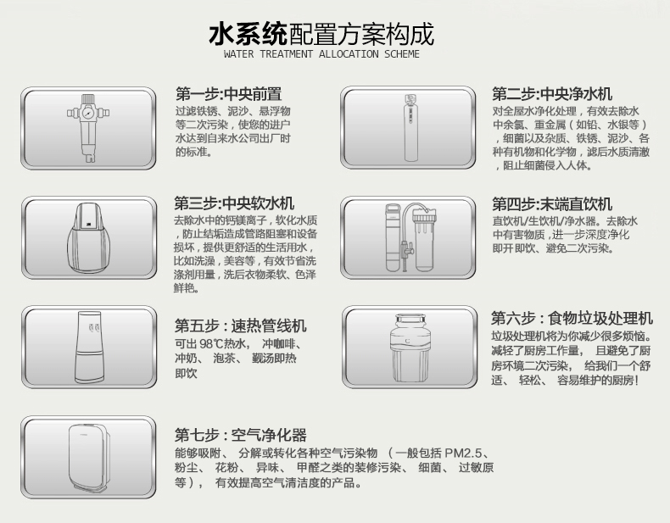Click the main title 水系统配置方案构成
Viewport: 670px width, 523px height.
[x=321, y=34]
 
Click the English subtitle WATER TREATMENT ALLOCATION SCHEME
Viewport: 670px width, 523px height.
[x=321, y=54]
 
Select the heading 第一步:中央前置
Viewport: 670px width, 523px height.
[x=229, y=93]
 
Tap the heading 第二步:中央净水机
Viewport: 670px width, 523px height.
[x=552, y=93]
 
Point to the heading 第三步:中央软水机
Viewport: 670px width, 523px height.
[x=234, y=203]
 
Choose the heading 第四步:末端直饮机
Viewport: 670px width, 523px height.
[x=552, y=204]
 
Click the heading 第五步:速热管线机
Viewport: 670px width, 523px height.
[x=241, y=325]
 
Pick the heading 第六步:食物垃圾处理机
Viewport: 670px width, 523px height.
[x=572, y=318]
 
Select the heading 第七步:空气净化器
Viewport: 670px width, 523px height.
[x=241, y=435]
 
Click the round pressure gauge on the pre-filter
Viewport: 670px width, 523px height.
[x=88, y=113]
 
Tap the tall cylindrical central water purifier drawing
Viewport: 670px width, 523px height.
[x=410, y=128]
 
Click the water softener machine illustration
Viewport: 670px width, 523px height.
[x=88, y=237]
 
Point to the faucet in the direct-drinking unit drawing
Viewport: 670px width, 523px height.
[x=406, y=250]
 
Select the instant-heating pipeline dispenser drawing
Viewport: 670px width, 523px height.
[x=89, y=347]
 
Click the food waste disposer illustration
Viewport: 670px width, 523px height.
[x=410, y=348]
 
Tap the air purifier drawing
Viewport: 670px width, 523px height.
[x=89, y=457]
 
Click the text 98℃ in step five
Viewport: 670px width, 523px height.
[x=212, y=343]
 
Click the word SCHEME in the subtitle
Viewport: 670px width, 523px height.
[x=402, y=54]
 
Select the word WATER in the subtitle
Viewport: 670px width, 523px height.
[x=238, y=54]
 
